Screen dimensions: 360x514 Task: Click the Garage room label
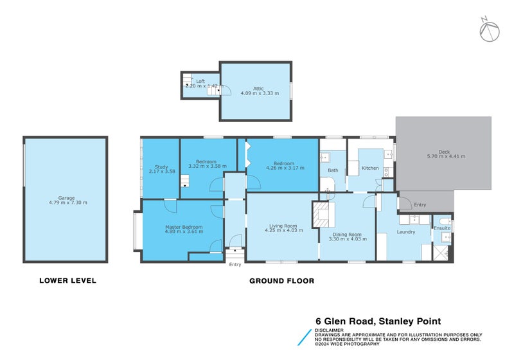[x=67, y=197]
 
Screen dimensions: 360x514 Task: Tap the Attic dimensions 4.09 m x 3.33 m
[x=256, y=93]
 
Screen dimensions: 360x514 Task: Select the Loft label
[x=200, y=81]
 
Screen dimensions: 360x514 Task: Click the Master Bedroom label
[x=184, y=227]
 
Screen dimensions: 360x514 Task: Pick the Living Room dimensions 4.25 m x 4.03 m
[x=283, y=230]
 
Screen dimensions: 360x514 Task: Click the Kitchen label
[x=370, y=168]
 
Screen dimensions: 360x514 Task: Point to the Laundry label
[x=406, y=231]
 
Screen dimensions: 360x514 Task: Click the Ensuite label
[x=442, y=228]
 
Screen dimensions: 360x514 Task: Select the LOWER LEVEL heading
[x=67, y=280]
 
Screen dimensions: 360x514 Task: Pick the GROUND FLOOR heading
[x=281, y=280]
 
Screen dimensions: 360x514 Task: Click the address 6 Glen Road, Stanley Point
[x=378, y=321]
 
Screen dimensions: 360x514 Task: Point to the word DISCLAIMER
[x=330, y=330]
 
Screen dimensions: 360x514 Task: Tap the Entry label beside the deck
[x=420, y=204]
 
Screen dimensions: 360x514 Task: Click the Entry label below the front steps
[x=235, y=264]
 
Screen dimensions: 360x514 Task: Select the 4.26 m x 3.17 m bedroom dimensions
[x=285, y=167]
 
